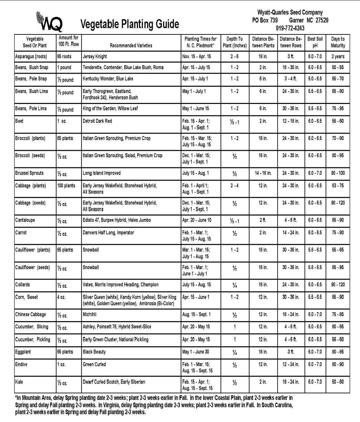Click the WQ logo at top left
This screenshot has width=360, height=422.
pyautogui.click(x=49, y=21)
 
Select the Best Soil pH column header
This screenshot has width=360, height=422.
pyautogui.click(x=315, y=42)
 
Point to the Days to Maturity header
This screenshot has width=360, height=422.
pyautogui.click(x=338, y=42)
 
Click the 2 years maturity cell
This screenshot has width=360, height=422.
pyautogui.click(x=338, y=56)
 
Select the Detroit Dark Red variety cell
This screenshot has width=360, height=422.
pyautogui.click(x=98, y=122)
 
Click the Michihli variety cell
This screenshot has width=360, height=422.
pyautogui.click(x=91, y=315)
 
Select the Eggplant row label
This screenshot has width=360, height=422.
pyautogui.click(x=24, y=352)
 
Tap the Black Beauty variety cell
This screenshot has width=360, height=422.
pyautogui.click(x=94, y=352)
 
